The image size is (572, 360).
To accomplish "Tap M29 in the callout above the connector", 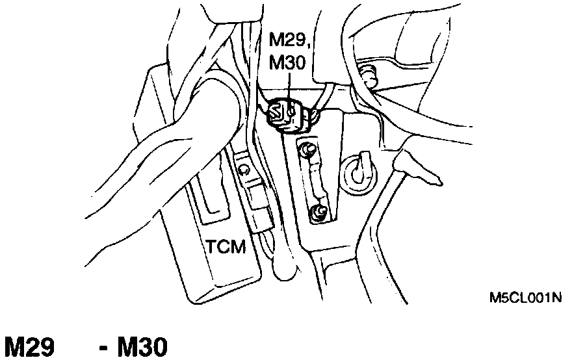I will tap(285, 43).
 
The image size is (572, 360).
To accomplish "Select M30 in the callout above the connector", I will tap(286, 65).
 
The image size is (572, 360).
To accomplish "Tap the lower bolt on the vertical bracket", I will tap(318, 211).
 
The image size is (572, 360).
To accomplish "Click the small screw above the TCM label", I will tap(243, 170).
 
